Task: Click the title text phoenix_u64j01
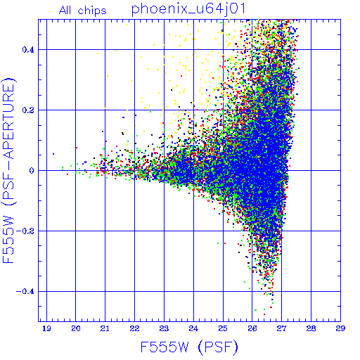pos(188,9)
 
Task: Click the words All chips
pos(83,11)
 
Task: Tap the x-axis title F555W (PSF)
pos(189,347)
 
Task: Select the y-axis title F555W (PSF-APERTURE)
pos(8,171)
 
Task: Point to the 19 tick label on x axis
pos(46,328)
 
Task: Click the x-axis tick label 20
pos(76,328)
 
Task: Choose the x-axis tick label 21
pos(105,328)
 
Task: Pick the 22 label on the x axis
pos(134,328)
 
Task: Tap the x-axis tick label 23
pos(164,328)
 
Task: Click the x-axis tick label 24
pos(193,328)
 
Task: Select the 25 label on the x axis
pos(223,328)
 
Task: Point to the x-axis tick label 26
pos(252,328)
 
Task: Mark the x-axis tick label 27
pos(281,328)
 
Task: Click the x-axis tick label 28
pos(311,328)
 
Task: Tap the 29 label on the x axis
pos(340,328)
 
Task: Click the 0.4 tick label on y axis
pos(28,50)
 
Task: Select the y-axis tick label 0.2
pos(28,110)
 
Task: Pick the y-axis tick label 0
pos(32,171)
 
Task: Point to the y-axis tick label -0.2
pos(25,231)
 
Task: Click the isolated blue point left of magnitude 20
pos(53,154)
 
